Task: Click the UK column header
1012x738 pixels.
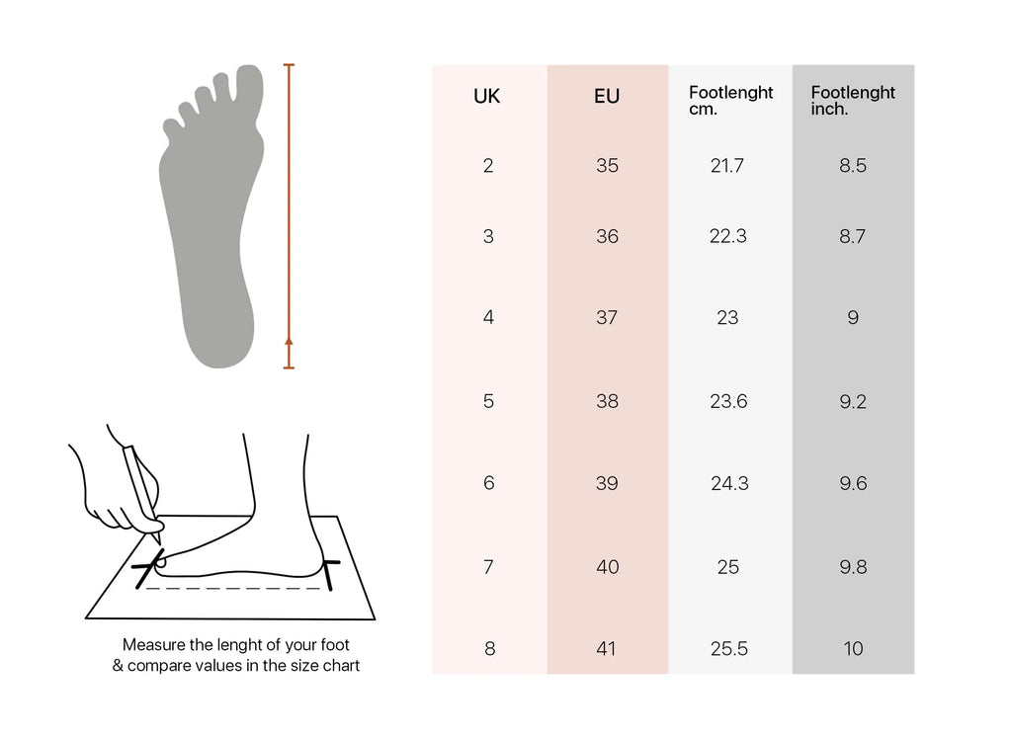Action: coord(486,96)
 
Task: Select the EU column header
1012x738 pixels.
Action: coord(607,96)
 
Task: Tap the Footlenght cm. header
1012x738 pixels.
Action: coord(730,101)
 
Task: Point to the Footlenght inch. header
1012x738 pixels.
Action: coord(853,101)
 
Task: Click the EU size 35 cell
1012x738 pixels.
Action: coord(608,166)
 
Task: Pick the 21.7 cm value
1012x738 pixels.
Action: coord(727,166)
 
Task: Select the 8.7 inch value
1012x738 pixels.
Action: coord(853,236)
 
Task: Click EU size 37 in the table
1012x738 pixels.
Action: coord(607,317)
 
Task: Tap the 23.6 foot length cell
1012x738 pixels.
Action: coord(728,401)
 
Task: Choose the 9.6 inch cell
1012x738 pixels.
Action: coord(853,483)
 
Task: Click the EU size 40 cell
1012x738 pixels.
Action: coord(608,567)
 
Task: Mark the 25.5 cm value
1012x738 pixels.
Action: coord(729,648)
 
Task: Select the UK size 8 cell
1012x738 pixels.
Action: coord(489,648)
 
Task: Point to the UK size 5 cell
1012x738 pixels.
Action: coord(488,401)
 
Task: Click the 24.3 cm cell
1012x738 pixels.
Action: coord(730,483)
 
